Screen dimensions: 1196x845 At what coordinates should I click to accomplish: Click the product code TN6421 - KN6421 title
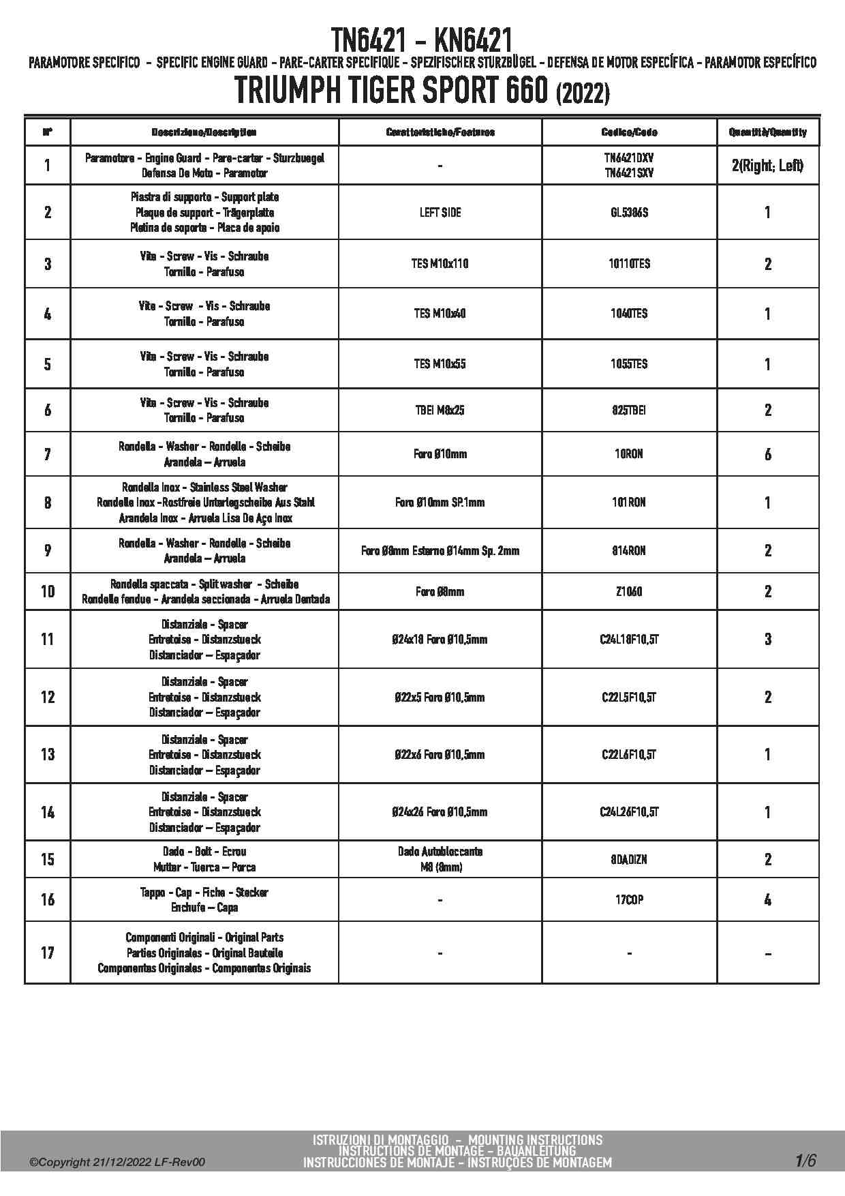click(422, 40)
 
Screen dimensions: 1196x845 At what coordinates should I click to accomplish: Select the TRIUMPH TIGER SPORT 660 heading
click(422, 91)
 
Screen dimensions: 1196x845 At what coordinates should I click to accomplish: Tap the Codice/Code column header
click(629, 132)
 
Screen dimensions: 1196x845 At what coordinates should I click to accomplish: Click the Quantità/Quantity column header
click(768, 132)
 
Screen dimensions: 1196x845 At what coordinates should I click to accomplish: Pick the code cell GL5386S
click(629, 213)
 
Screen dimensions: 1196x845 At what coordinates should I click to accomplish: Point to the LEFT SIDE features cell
click(440, 213)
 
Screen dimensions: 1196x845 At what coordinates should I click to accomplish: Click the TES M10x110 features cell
click(440, 264)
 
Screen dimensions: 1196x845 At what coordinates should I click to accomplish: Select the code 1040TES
click(629, 314)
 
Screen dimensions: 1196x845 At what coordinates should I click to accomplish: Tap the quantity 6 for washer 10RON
click(768, 454)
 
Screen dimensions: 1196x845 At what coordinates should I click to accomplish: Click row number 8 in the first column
click(48, 503)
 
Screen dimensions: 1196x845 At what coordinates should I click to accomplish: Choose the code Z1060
click(629, 591)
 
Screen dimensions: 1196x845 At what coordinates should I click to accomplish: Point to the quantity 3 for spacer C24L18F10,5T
click(768, 639)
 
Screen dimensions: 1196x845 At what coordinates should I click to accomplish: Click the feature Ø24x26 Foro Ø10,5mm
click(440, 812)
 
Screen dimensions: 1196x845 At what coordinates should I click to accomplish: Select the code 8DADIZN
click(629, 859)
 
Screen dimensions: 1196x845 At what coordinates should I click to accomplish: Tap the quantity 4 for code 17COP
click(768, 900)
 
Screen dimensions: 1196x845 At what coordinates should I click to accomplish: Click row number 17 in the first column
click(48, 953)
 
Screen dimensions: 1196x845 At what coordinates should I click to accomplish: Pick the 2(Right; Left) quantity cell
click(768, 165)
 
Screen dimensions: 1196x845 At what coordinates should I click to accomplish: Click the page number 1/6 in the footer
click(805, 1161)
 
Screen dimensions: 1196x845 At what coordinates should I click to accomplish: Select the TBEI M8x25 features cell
click(440, 410)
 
